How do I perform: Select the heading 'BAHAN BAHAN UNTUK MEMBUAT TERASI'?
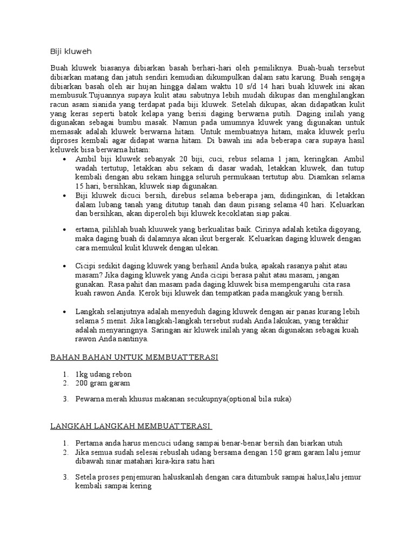134,358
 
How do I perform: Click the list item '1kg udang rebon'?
104,374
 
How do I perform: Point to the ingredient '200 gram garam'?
103,383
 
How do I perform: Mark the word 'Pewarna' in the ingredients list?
90,399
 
